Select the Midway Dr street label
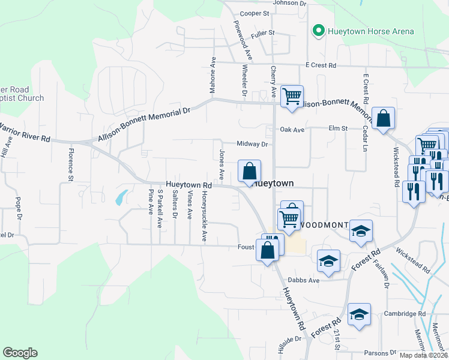[x=252, y=144]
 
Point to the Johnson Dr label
[x=289, y=3]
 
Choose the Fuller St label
[x=263, y=33]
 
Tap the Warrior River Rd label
[x=25, y=133]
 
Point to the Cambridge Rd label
[x=405, y=314]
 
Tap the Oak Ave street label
[x=292, y=129]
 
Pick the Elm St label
[x=338, y=128]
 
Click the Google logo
[x=20, y=353]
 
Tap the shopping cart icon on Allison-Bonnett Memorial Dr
[x=292, y=95]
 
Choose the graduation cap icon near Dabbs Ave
[x=328, y=260]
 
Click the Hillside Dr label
[x=289, y=339]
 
